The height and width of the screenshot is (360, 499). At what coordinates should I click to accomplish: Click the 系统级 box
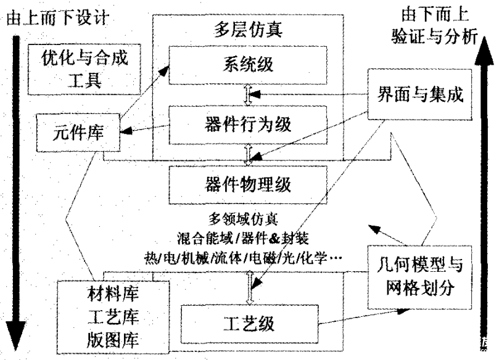(x=246, y=63)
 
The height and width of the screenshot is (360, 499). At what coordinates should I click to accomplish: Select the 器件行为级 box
(x=246, y=123)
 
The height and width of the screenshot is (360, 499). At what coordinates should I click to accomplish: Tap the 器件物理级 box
(x=246, y=184)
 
